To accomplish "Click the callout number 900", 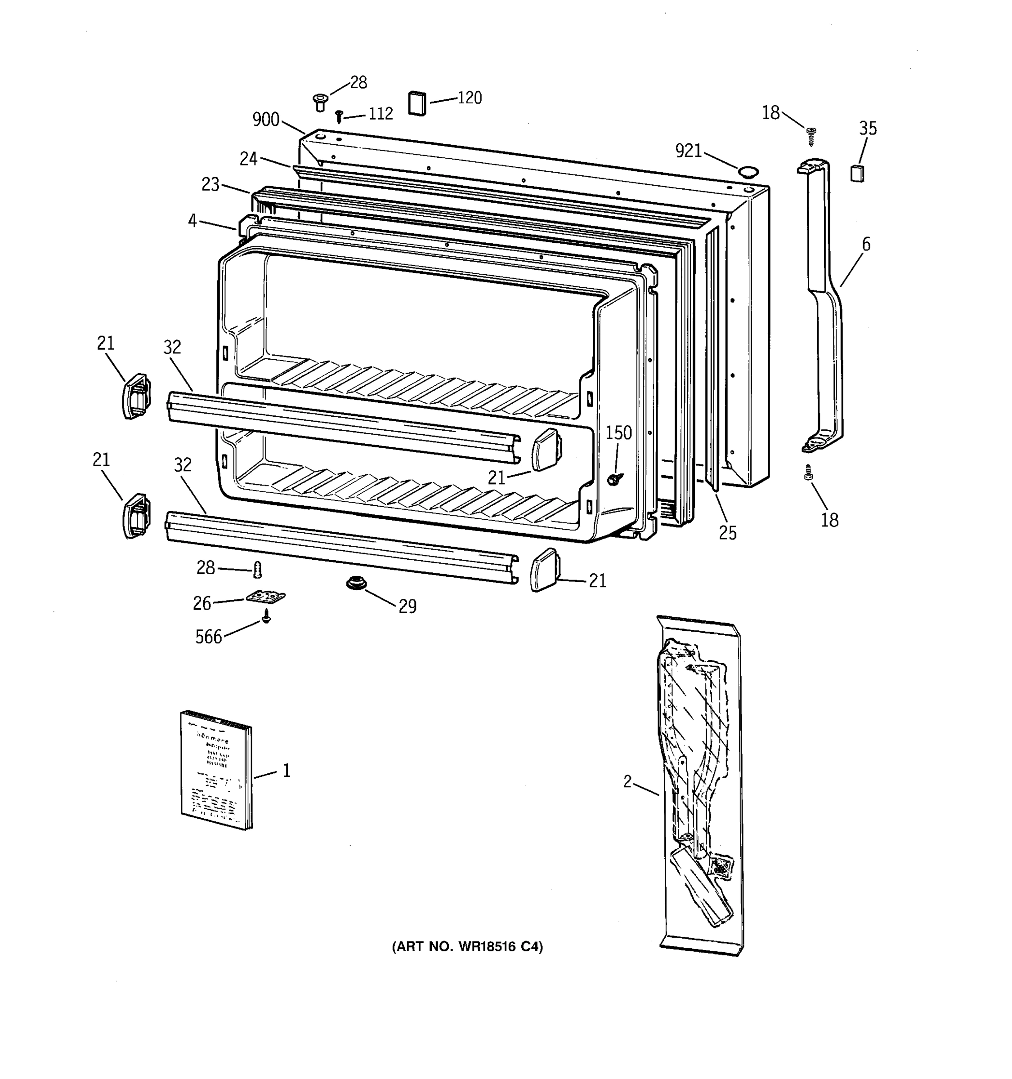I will pyautogui.click(x=265, y=120).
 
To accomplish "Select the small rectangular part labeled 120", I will pyautogui.click(x=417, y=103).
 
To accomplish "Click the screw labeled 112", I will pyautogui.click(x=339, y=116).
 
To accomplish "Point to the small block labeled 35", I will pyautogui.click(x=857, y=173).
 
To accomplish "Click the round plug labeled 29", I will pyautogui.click(x=356, y=584).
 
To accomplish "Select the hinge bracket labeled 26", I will pyautogui.click(x=265, y=597).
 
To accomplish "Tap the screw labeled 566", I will pyautogui.click(x=266, y=616).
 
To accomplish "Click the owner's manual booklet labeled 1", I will pyautogui.click(x=216, y=771).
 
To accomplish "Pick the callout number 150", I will pyautogui.click(x=618, y=432).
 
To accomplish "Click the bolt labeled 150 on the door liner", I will pyautogui.click(x=614, y=478).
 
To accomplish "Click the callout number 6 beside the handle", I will pyautogui.click(x=866, y=244).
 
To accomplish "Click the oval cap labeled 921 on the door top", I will pyautogui.click(x=748, y=172).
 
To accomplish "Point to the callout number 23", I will pyautogui.click(x=210, y=184).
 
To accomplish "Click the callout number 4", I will pyautogui.click(x=192, y=221).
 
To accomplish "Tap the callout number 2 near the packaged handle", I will pyautogui.click(x=627, y=781).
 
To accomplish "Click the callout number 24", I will pyautogui.click(x=248, y=159).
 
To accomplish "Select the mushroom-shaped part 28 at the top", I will pyautogui.click(x=320, y=102).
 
